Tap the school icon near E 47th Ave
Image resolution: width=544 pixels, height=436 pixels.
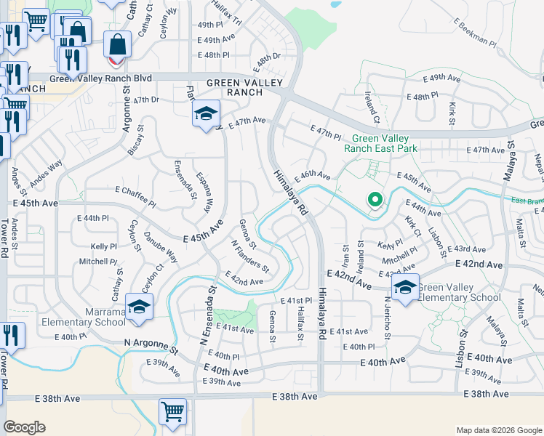[x=206, y=112]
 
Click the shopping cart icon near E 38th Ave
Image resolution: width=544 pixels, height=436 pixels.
[x=172, y=412]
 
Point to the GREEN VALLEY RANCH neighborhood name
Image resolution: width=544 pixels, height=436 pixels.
[x=244, y=87]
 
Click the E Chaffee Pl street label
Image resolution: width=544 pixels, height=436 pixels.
[x=135, y=194]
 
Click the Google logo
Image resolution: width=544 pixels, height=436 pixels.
[x=24, y=427]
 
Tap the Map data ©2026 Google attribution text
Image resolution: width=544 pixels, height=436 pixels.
[x=498, y=429]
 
